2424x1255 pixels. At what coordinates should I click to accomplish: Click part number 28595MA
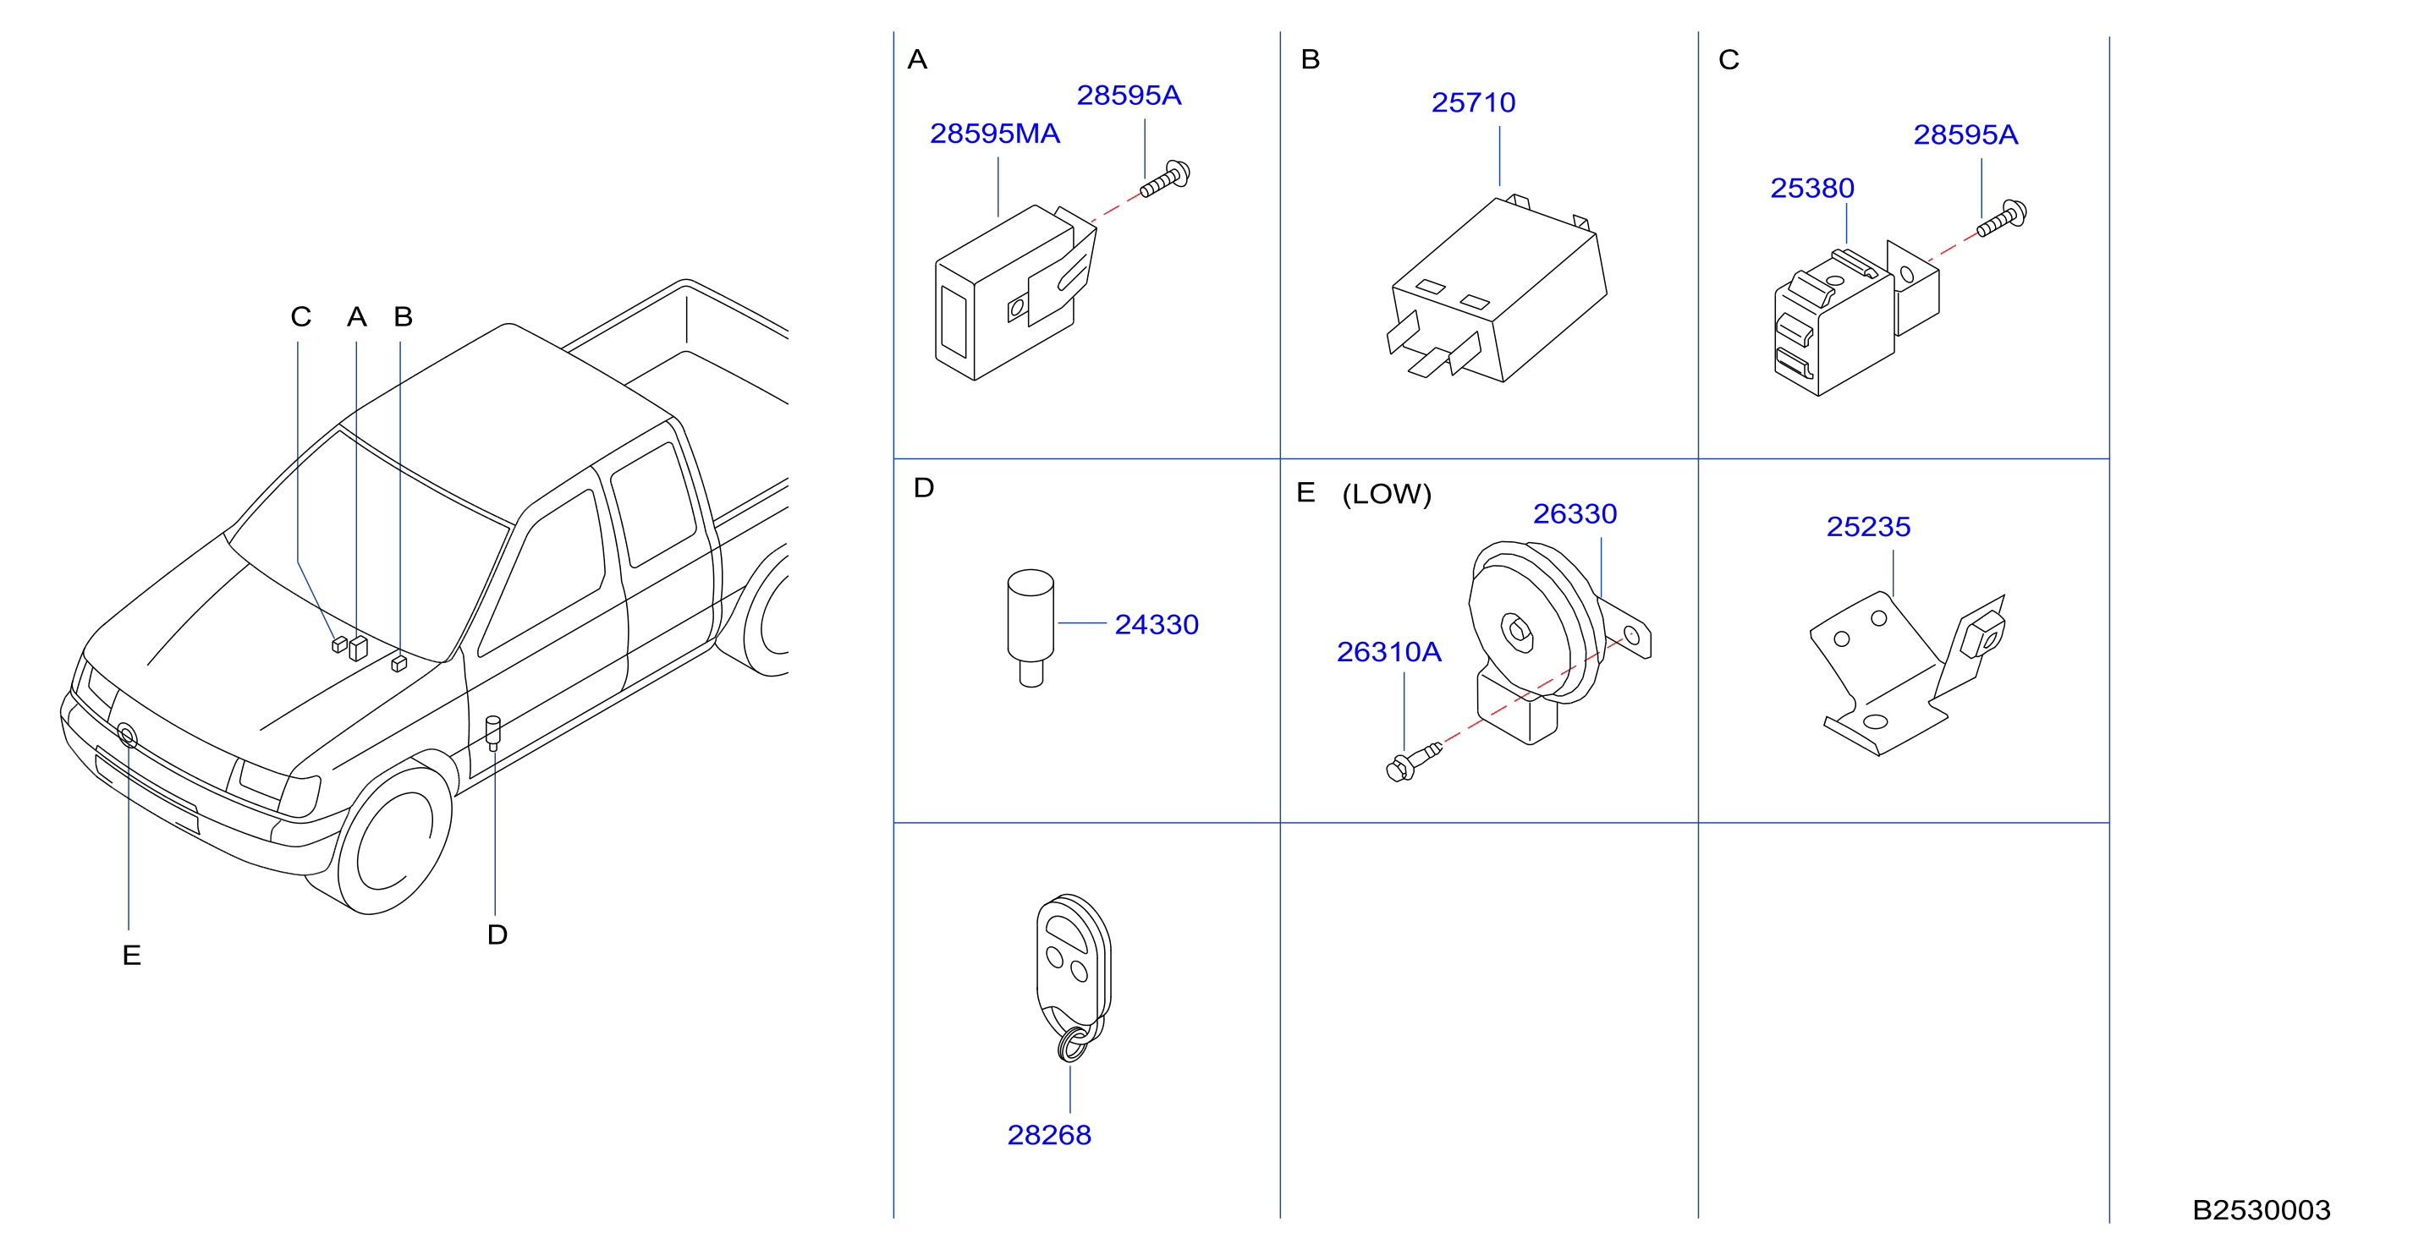tap(995, 134)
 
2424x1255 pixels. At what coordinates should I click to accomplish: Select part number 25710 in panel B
tap(1474, 102)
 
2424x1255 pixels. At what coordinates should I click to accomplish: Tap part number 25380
tap(1812, 188)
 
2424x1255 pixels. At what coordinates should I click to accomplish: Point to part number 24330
tap(1157, 625)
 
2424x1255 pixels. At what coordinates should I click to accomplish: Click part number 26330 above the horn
tap(1575, 513)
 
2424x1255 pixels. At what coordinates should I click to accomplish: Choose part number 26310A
tap(1389, 652)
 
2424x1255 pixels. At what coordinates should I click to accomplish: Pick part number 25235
tap(1869, 527)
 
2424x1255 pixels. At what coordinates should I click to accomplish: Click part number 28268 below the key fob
tap(1049, 1136)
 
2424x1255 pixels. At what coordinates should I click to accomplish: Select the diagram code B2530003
tap(2262, 1210)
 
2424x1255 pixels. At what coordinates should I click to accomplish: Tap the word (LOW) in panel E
tap(1387, 494)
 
